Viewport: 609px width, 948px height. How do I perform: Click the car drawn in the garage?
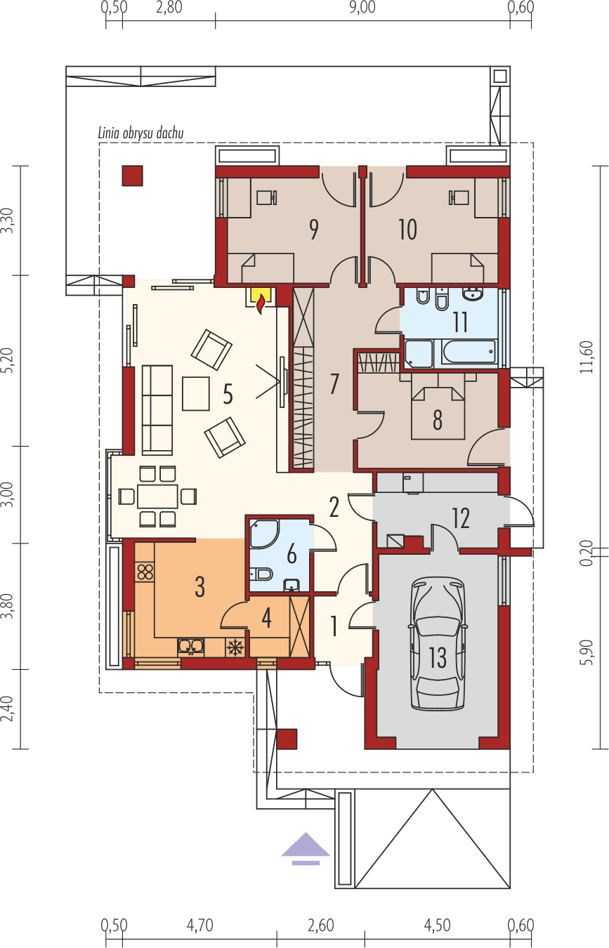click(x=438, y=645)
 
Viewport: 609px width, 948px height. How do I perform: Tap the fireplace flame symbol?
click(x=261, y=303)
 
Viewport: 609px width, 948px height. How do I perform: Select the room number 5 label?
click(x=228, y=395)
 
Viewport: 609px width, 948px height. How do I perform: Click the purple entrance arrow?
click(x=306, y=848)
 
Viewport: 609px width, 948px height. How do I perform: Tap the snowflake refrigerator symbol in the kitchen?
click(x=235, y=646)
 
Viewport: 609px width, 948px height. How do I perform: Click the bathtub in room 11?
click(x=469, y=351)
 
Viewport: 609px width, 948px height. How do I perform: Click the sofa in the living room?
click(x=157, y=409)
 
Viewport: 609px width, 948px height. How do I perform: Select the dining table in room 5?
click(x=158, y=496)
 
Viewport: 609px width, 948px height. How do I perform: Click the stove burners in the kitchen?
click(x=145, y=572)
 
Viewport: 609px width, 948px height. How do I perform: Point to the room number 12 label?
click(x=461, y=518)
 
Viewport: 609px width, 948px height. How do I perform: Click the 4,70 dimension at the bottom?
click(x=199, y=926)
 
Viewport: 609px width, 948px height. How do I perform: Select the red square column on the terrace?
click(x=132, y=176)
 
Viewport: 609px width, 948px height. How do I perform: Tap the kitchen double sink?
click(x=191, y=646)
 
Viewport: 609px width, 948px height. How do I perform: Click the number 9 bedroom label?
click(x=313, y=230)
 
